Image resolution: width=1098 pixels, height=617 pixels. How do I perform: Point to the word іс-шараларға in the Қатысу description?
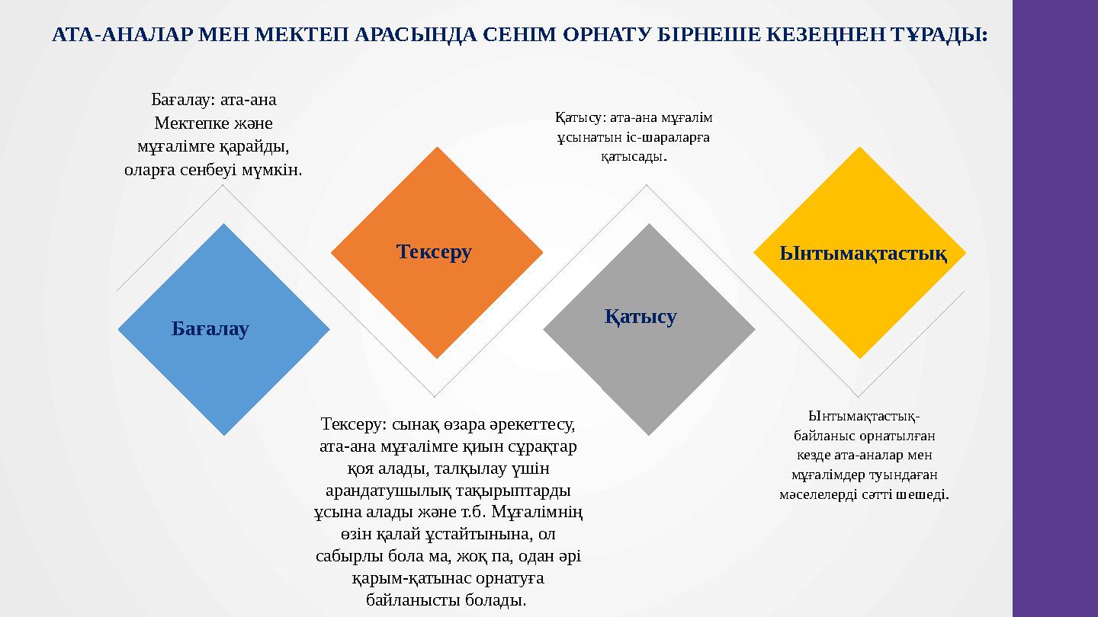(x=674, y=138)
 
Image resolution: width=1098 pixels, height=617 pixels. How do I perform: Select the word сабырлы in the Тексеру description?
(x=345, y=556)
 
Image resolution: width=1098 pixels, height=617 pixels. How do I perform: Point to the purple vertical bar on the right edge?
(x=1055, y=308)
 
